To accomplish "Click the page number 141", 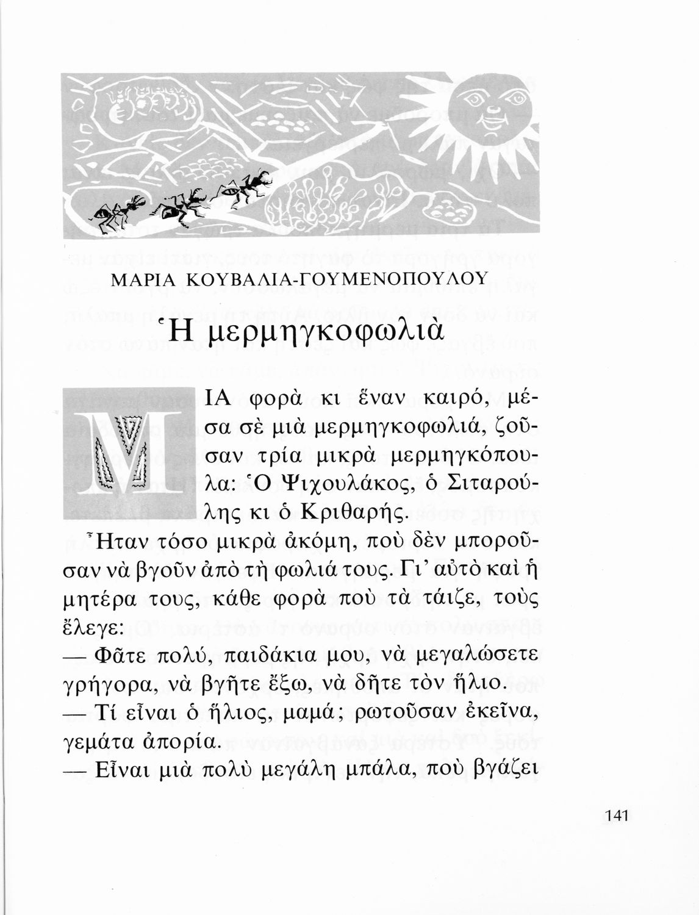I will point(617,816).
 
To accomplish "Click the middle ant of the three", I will point(182,206).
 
